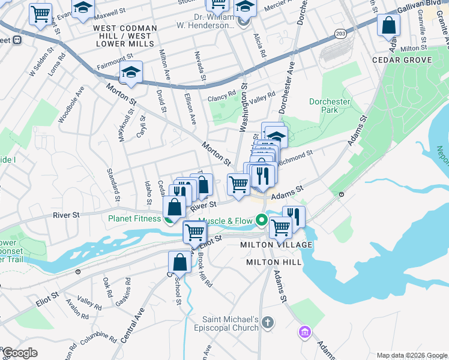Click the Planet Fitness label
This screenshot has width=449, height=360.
[x=134, y=218]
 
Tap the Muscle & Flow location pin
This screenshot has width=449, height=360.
[x=261, y=221]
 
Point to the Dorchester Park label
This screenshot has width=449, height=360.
[x=330, y=106]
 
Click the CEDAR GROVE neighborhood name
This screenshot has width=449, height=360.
[x=402, y=60]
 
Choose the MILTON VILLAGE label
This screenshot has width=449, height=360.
[x=276, y=245]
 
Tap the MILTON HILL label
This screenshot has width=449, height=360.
[x=268, y=263]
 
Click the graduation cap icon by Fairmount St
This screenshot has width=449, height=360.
[x=131, y=73]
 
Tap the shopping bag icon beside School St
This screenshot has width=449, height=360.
[x=180, y=262]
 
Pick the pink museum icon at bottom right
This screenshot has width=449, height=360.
[x=305, y=331]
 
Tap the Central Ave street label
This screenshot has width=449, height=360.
[x=133, y=326]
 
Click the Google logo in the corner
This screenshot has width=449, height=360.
[x=19, y=353]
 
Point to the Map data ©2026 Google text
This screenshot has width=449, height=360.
[x=412, y=355]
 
